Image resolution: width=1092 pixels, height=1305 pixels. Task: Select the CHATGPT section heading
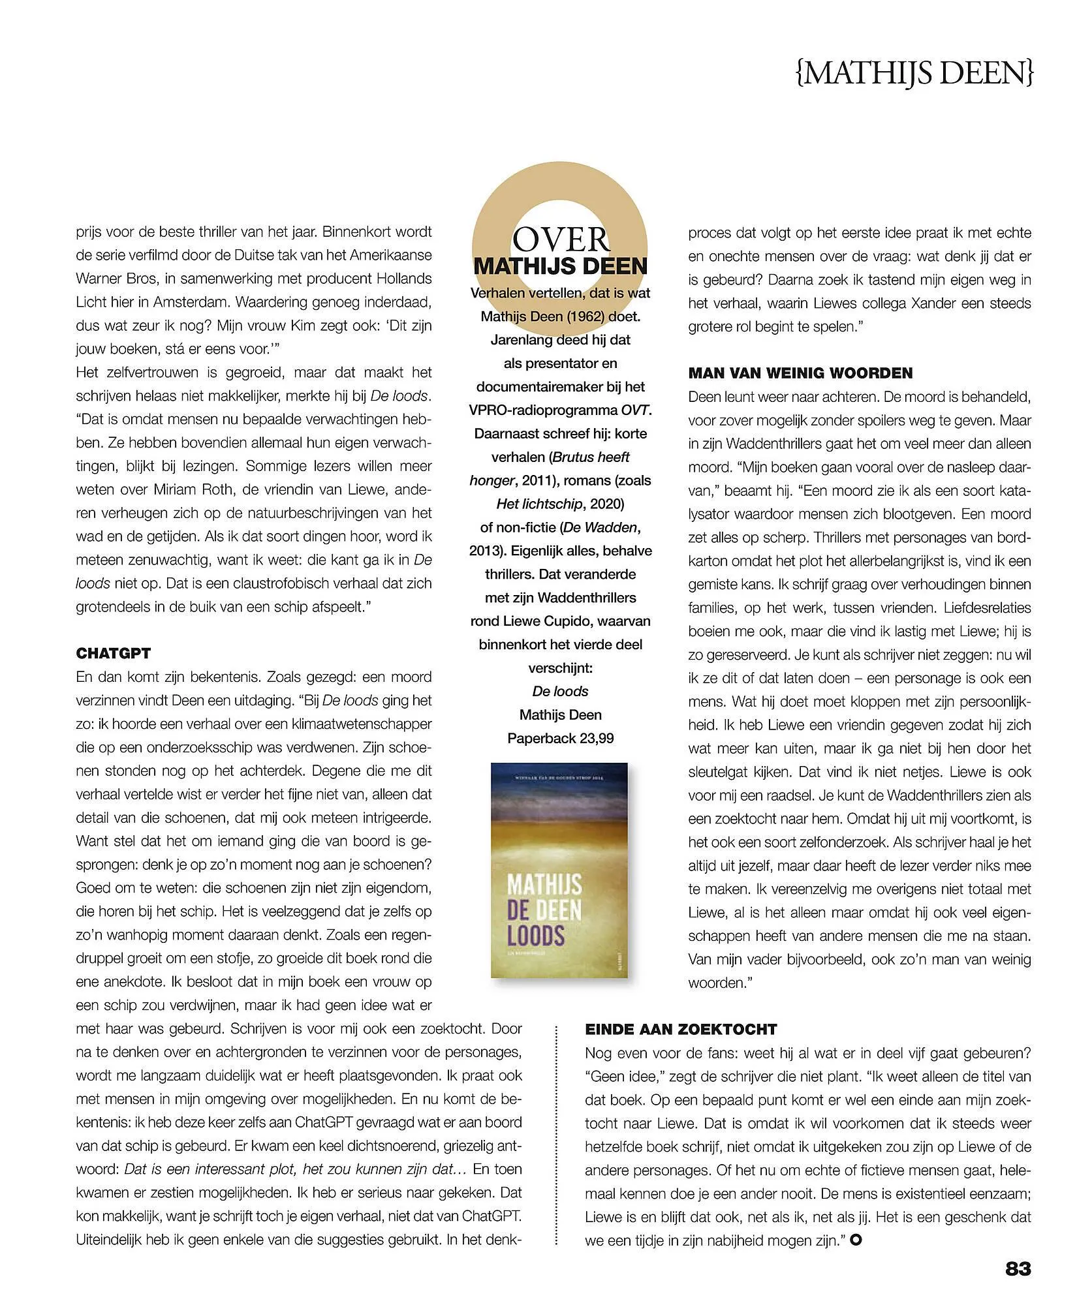pos(114,653)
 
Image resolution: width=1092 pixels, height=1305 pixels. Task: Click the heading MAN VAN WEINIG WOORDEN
pos(800,373)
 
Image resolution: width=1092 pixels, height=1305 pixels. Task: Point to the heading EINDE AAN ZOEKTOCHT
pos(681,1029)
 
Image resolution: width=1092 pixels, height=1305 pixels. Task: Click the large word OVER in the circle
pos(561,239)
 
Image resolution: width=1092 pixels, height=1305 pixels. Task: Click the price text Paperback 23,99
pos(561,738)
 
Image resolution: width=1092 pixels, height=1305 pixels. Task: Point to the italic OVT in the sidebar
pos(636,410)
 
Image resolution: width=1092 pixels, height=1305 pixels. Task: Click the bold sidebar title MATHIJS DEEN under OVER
pos(561,266)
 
